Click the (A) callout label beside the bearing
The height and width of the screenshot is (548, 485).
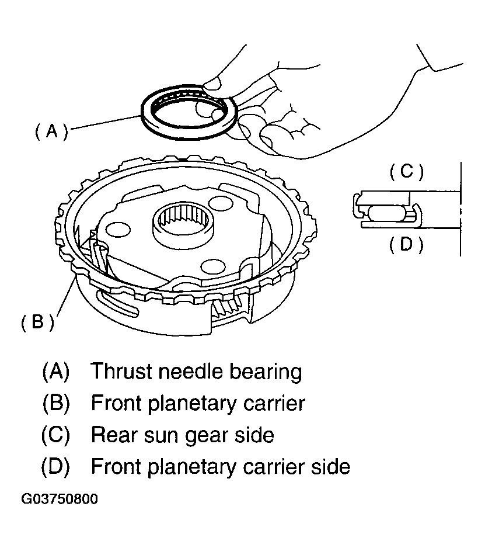tap(51, 131)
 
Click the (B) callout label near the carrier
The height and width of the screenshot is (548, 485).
tap(38, 322)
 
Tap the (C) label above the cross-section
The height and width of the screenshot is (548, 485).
tap(406, 172)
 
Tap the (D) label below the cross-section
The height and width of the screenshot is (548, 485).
tap(406, 244)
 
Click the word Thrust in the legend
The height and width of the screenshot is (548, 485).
tap(121, 371)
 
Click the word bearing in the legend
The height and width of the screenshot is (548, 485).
tap(266, 373)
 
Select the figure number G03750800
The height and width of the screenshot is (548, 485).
tap(60, 499)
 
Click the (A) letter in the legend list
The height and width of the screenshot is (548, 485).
tap(56, 371)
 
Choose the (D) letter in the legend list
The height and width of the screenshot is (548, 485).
tap(56, 467)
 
